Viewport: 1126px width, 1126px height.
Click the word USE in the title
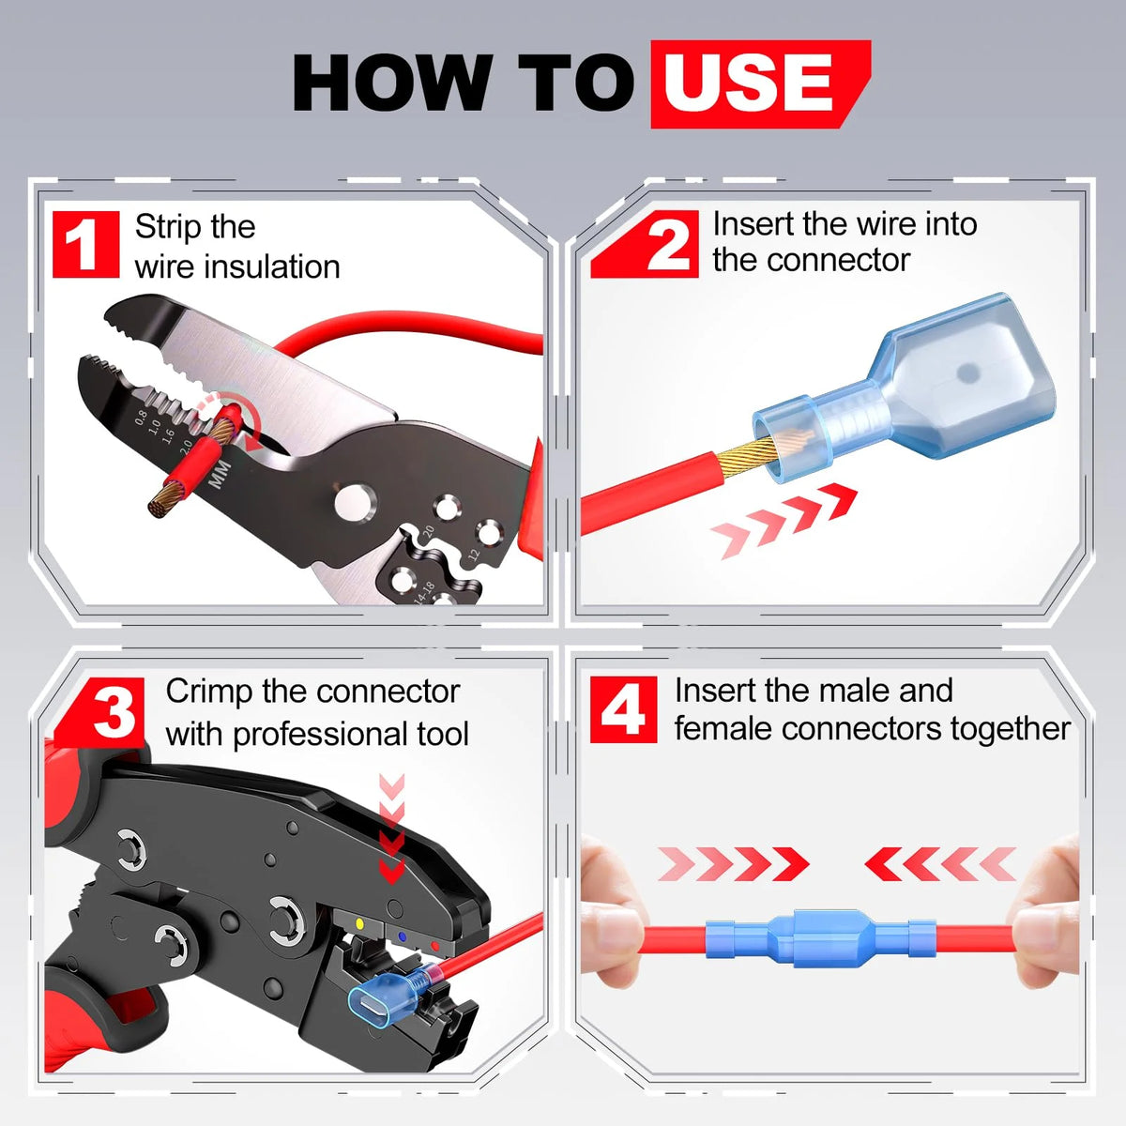(748, 82)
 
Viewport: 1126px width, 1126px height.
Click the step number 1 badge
(86, 244)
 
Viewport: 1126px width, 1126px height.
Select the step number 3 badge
(100, 712)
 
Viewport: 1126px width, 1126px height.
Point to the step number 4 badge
(623, 709)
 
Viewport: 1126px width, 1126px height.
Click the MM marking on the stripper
(221, 474)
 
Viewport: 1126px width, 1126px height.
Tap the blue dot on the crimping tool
(402, 936)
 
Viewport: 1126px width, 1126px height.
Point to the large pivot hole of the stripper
(356, 501)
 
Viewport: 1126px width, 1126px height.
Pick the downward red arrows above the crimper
(391, 828)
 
